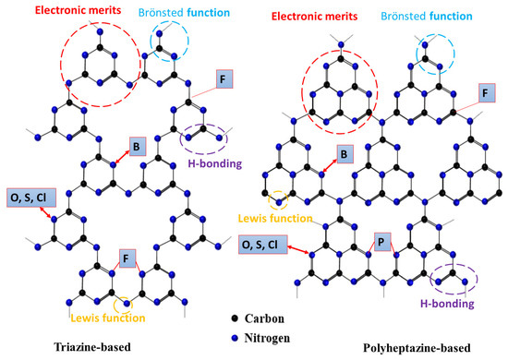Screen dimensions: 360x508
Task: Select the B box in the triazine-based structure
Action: [136, 146]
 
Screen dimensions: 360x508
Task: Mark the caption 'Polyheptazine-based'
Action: [417, 347]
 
